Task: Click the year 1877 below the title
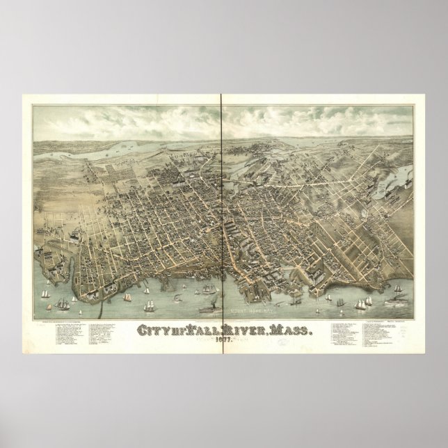tap(223, 323)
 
